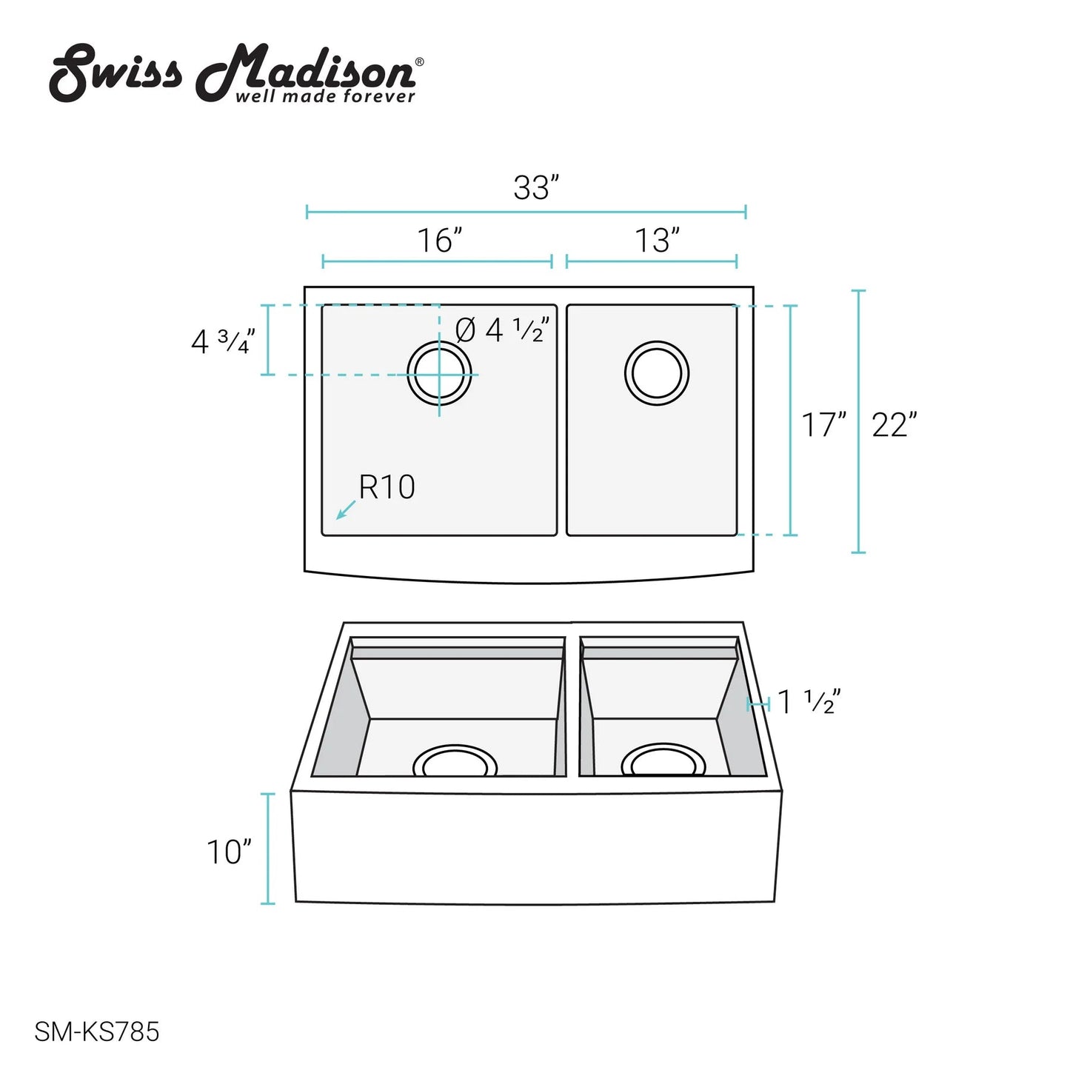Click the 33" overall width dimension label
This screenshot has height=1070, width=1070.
point(535,187)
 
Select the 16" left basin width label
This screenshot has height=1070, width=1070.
point(439,240)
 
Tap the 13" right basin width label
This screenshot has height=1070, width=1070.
point(657,240)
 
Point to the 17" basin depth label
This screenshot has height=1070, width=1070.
point(823,424)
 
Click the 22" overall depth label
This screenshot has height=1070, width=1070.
point(894,424)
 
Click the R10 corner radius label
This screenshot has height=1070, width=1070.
point(387,486)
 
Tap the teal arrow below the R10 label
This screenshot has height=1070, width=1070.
point(345,509)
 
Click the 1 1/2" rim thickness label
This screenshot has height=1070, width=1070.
point(809,701)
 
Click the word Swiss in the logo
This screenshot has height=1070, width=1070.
point(116,73)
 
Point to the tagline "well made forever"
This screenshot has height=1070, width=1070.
point(325,96)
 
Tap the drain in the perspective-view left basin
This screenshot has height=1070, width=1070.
point(455,747)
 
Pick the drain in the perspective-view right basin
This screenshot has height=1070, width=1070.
point(663,746)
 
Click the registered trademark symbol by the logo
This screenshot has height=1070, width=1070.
point(420,62)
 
